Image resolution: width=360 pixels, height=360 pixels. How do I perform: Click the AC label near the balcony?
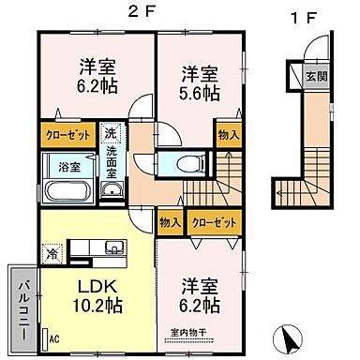[53, 339]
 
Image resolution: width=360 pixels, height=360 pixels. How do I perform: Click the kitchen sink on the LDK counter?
[113, 247]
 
